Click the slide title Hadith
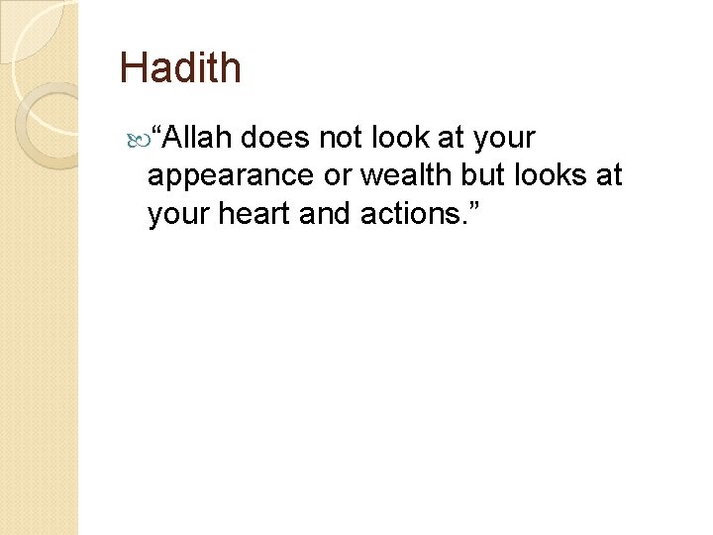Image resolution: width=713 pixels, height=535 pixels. (180, 67)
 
